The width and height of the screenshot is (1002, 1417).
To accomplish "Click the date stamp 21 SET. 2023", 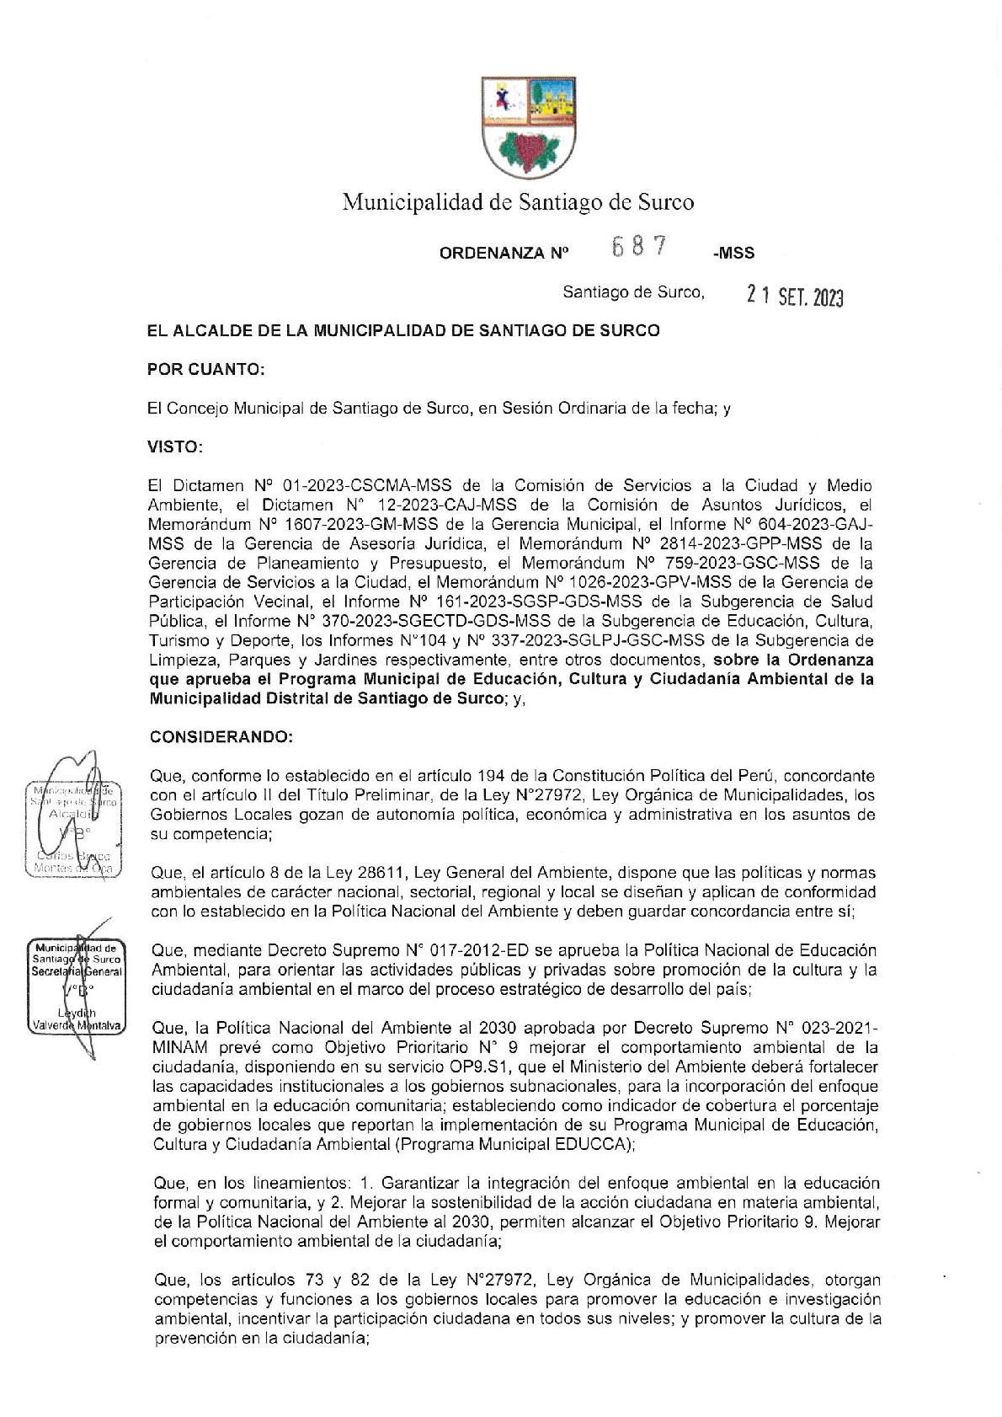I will click(795, 296).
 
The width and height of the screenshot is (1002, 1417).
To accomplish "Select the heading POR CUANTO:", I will click(206, 369).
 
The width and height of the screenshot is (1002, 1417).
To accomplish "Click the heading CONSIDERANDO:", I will click(221, 737).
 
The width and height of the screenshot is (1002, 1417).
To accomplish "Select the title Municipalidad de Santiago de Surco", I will click(518, 202).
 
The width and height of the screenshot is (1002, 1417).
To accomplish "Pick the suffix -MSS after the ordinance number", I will click(733, 253).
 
